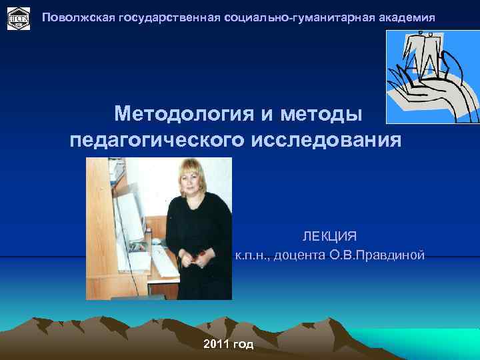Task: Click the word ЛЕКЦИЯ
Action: (x=329, y=237)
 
